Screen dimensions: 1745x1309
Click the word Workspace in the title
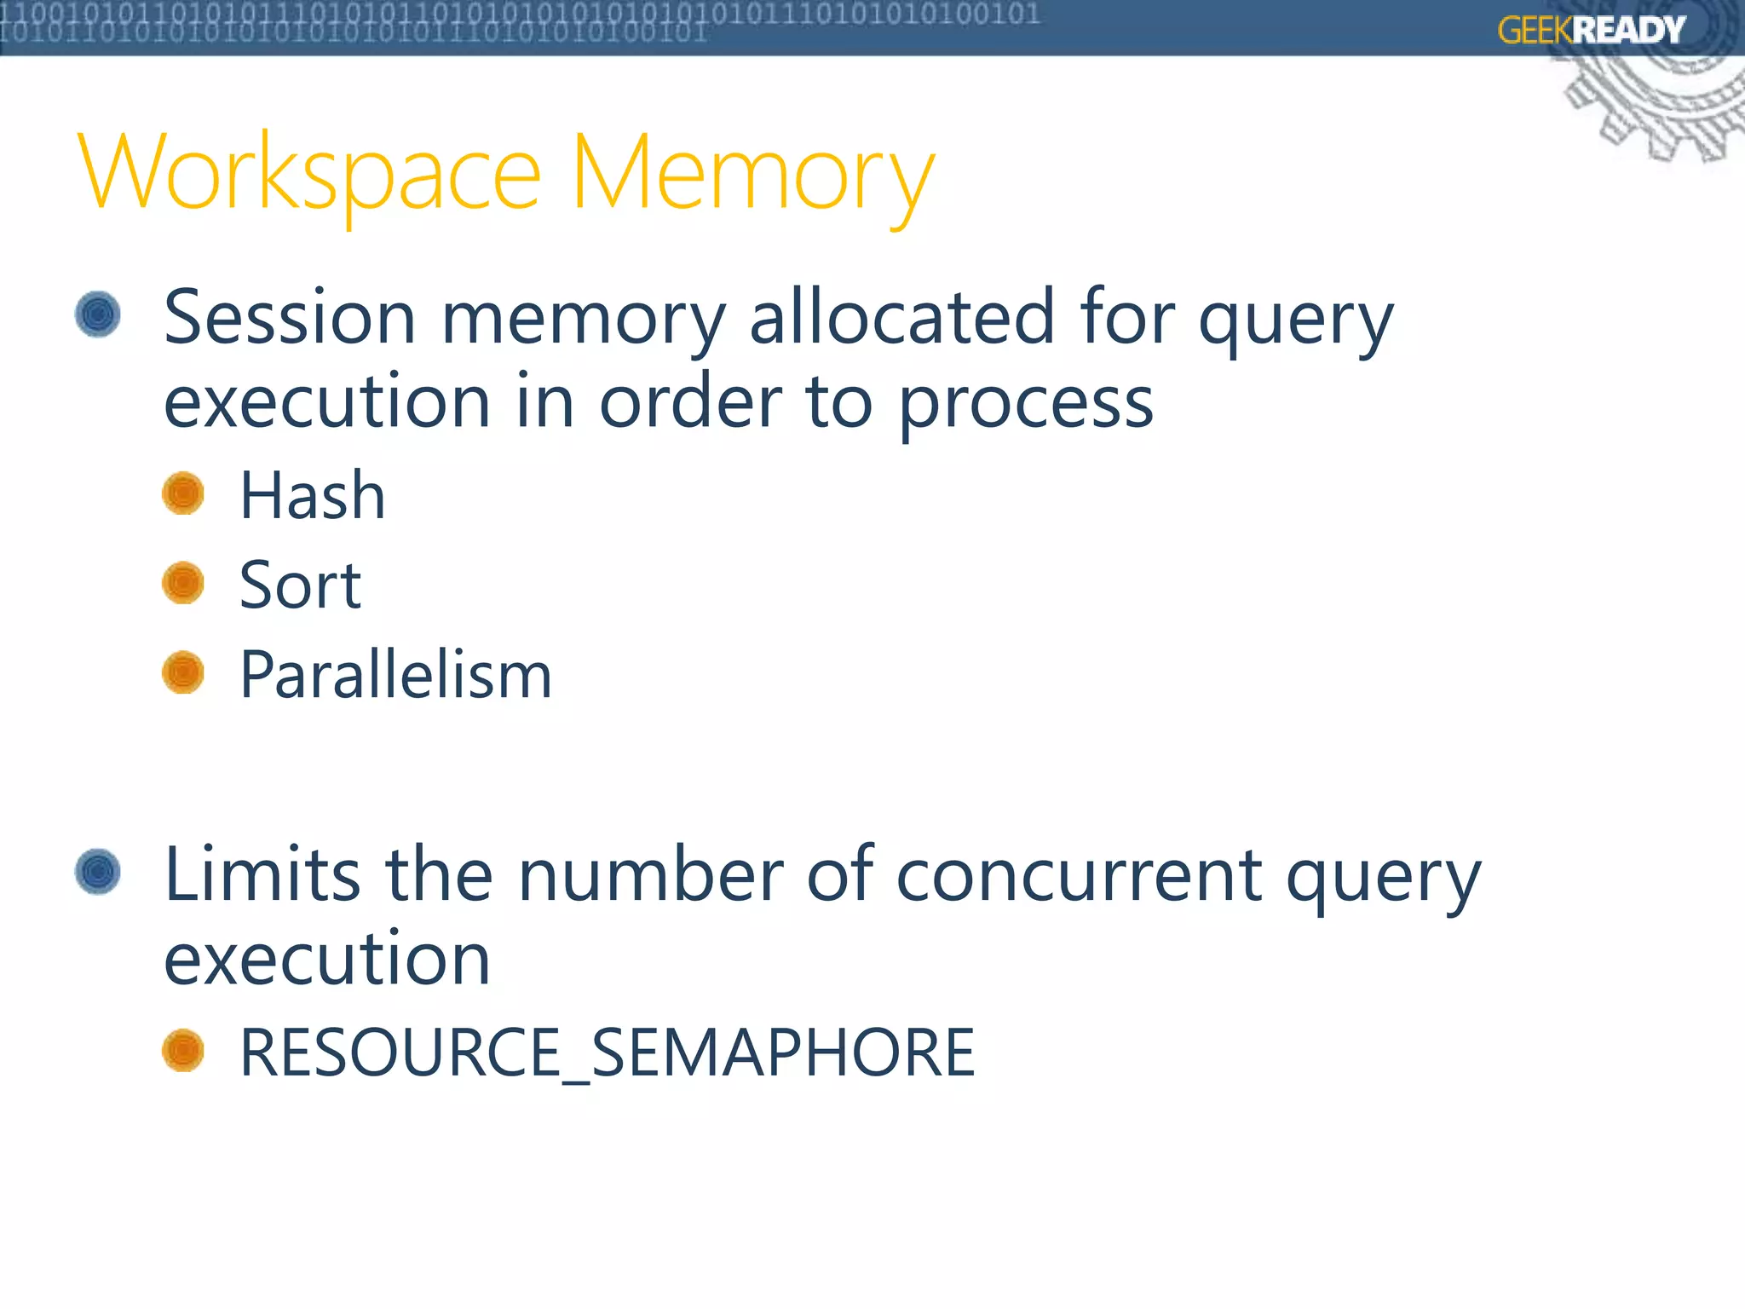308,175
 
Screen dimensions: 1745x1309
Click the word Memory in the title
753,175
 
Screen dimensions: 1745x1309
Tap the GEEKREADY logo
1591,31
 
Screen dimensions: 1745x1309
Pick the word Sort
300,585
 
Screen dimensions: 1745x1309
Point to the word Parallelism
396,675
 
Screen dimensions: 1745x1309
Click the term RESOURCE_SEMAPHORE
607,1052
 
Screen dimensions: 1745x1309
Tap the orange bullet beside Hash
183,493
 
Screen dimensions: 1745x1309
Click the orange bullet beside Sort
183,583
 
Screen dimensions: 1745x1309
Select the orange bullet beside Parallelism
183,672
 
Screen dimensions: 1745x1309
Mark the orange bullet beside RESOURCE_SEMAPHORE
183,1050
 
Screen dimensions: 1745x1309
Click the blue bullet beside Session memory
98,314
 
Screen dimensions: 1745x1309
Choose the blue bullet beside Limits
98,871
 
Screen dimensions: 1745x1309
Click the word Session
290,318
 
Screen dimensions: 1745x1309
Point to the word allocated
902,318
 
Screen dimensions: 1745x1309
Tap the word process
1026,403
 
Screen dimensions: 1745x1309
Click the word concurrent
1079,875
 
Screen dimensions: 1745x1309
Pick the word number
650,875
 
